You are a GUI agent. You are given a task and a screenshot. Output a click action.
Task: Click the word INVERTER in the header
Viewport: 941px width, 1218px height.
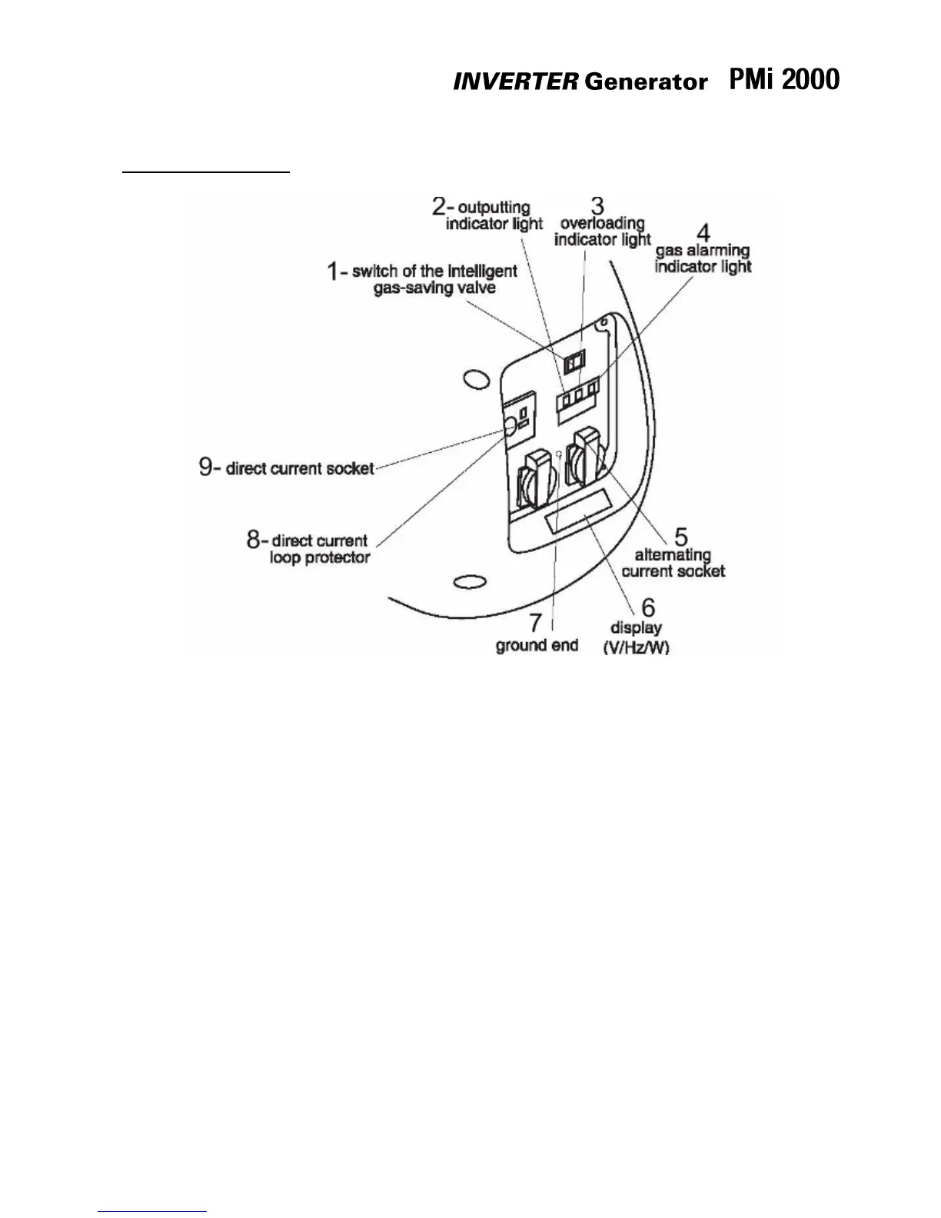pos(514,82)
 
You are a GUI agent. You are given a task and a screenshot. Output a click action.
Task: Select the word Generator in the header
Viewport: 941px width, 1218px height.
pos(645,82)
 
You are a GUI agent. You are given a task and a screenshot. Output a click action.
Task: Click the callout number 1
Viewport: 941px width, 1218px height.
pos(333,271)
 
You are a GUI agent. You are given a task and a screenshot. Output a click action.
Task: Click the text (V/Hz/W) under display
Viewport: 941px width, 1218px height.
pos(636,647)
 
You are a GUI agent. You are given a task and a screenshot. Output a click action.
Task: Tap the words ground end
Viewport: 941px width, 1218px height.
pos(537,645)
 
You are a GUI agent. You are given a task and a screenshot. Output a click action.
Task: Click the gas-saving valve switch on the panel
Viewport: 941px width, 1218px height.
pos(574,361)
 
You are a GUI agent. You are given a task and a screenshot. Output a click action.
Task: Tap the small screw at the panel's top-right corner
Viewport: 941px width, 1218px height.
pos(605,321)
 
